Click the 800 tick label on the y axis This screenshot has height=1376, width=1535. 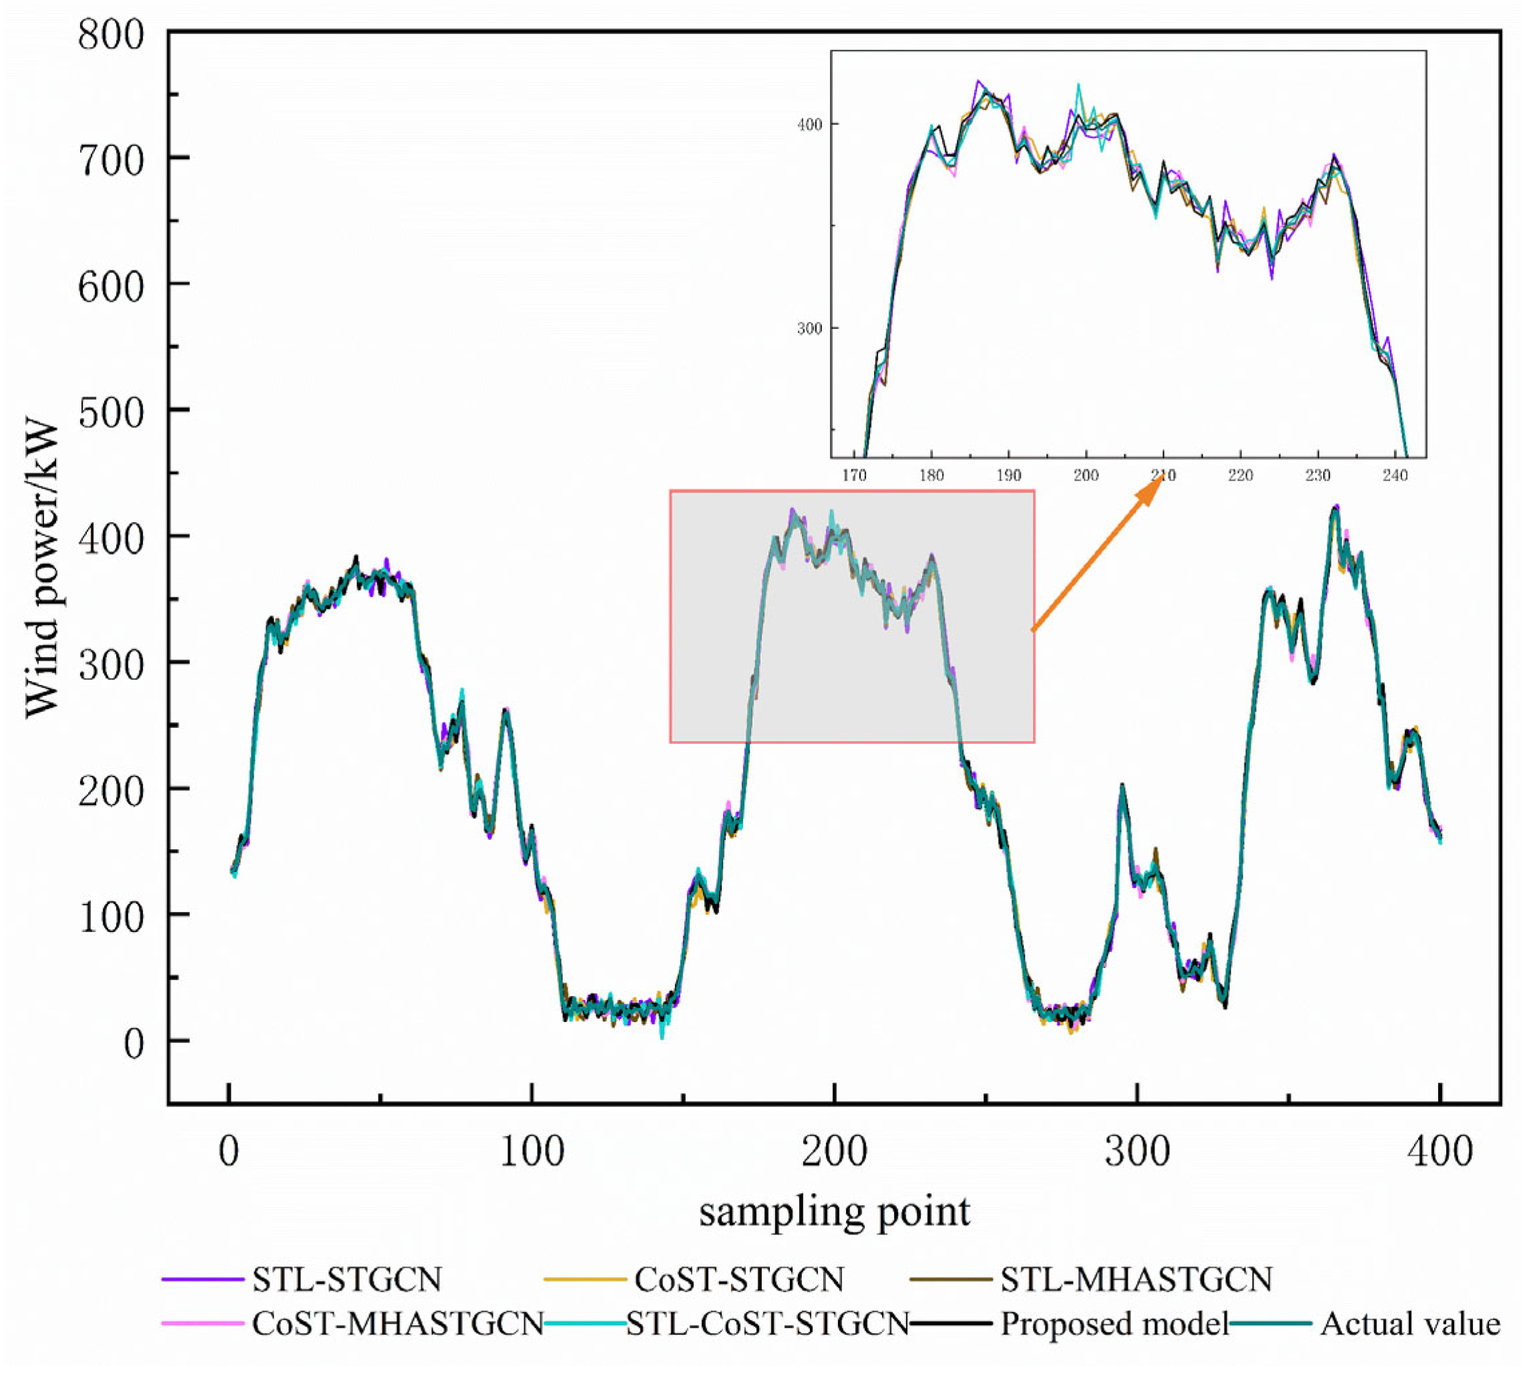(110, 36)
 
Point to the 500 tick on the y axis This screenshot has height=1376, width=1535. (110, 413)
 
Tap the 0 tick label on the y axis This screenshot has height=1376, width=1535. (133, 1044)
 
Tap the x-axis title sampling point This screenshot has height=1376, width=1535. (834, 1212)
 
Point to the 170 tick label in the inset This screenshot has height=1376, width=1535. (855, 475)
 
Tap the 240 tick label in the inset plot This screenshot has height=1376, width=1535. (1395, 475)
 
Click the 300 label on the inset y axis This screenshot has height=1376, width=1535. (809, 329)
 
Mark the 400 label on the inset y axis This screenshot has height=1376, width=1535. (809, 124)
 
